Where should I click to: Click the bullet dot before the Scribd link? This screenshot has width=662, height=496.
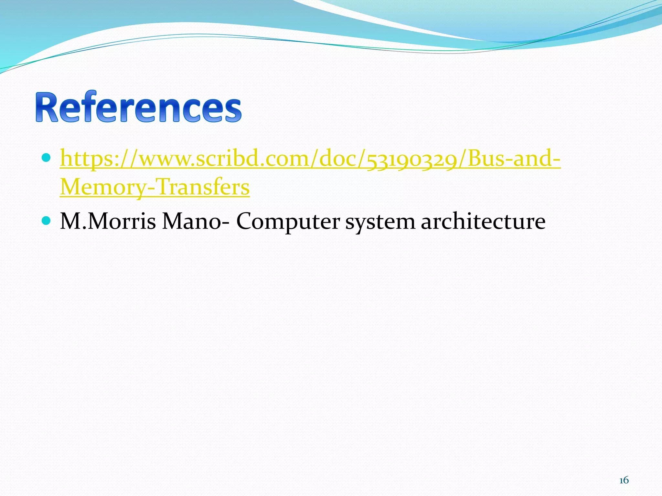pyautogui.click(x=47, y=158)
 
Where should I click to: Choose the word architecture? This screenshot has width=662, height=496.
pyautogui.click(x=483, y=222)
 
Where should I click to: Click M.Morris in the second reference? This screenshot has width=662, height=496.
pyautogui.click(x=108, y=222)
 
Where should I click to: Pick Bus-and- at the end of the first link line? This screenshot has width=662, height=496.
pyautogui.click(x=514, y=159)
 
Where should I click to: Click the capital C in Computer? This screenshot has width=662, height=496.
pyautogui.click(x=246, y=222)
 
